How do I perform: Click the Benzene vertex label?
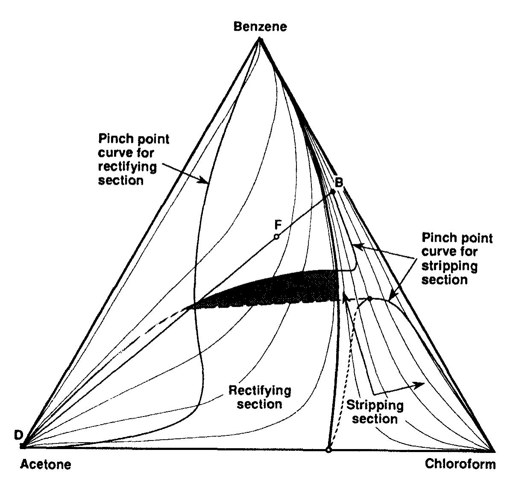click(260, 27)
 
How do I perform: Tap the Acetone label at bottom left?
click(46, 464)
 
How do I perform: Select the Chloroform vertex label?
click(460, 464)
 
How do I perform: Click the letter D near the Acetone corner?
click(18, 435)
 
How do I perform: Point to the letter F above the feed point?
click(278, 225)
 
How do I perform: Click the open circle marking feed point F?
click(276, 237)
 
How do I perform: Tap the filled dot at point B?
click(333, 192)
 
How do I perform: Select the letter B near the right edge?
click(339, 183)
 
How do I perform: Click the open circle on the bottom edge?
click(328, 450)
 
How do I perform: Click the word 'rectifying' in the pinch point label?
click(127, 167)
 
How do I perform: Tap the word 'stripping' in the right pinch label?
click(449, 266)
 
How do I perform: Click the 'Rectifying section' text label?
click(260, 397)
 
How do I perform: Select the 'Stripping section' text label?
click(375, 412)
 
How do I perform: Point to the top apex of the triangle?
click(260, 39)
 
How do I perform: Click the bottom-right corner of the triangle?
click(494, 450)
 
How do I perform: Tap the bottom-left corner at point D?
click(22, 446)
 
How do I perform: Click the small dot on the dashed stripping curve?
click(370, 299)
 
